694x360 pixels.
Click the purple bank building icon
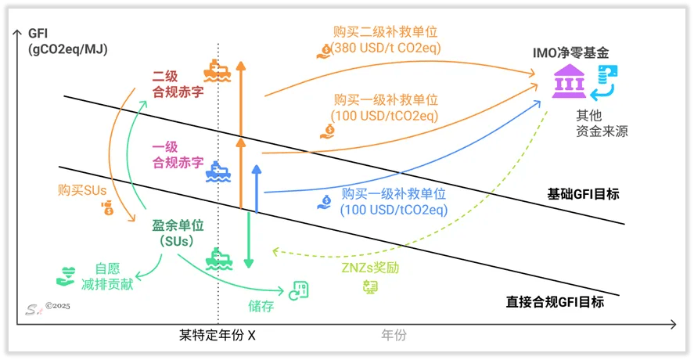click(569, 81)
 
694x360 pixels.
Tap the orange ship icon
click(217, 71)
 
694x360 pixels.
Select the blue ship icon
click(218, 172)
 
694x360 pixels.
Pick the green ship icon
click(218, 258)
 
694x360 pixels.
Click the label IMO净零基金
click(570, 53)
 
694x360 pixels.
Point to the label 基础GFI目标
click(583, 194)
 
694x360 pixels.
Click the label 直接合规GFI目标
click(555, 302)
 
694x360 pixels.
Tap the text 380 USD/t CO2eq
click(385, 48)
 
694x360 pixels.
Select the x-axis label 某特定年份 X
click(217, 335)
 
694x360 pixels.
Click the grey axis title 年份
click(394, 335)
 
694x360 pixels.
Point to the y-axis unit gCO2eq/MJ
click(68, 49)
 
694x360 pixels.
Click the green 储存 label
click(261, 306)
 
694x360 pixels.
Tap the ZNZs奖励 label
click(370, 268)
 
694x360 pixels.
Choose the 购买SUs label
click(82, 190)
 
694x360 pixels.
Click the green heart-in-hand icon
click(66, 276)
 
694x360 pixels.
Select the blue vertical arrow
click(257, 189)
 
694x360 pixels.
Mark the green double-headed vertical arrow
click(249, 240)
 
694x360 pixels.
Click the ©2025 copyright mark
click(58, 305)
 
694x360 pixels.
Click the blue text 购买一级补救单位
click(394, 194)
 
